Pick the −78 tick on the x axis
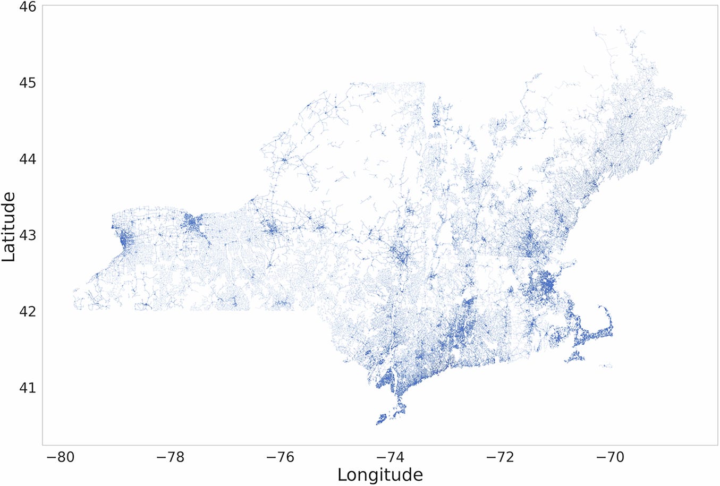click(x=169, y=457)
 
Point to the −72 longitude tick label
click(x=500, y=457)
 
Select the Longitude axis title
click(x=380, y=474)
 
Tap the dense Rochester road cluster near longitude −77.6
click(x=191, y=223)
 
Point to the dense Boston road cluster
click(x=543, y=284)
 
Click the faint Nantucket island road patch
click(x=606, y=366)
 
